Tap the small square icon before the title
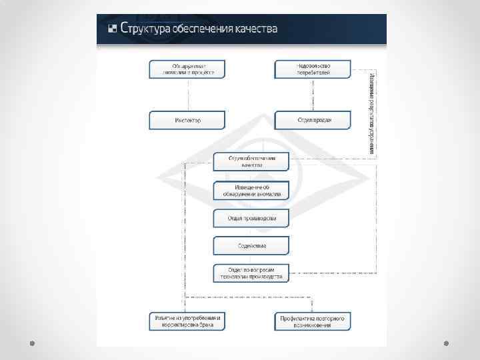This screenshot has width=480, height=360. click(x=113, y=29)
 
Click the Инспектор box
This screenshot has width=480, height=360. click(x=187, y=120)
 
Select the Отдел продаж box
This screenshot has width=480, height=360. click(x=313, y=120)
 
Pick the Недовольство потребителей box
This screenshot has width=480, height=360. click(x=313, y=69)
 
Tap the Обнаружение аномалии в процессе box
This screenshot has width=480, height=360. click(x=187, y=69)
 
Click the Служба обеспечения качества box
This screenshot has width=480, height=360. click(x=251, y=161)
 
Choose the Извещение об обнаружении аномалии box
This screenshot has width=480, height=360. click(x=251, y=190)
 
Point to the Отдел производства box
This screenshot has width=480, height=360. click(x=251, y=218)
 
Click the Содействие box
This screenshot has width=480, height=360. click(x=251, y=245)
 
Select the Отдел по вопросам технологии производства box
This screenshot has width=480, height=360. click(x=251, y=273)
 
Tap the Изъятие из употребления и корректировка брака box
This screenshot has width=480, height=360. click(x=187, y=321)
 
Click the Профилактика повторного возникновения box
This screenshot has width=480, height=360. click(x=313, y=321)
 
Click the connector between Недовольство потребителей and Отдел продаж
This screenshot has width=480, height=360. click(x=313, y=95)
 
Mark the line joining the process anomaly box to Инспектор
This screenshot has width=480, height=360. click(x=187, y=95)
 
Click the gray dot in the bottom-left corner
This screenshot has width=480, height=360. click(x=32, y=343)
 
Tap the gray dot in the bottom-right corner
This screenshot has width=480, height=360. click(x=447, y=343)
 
